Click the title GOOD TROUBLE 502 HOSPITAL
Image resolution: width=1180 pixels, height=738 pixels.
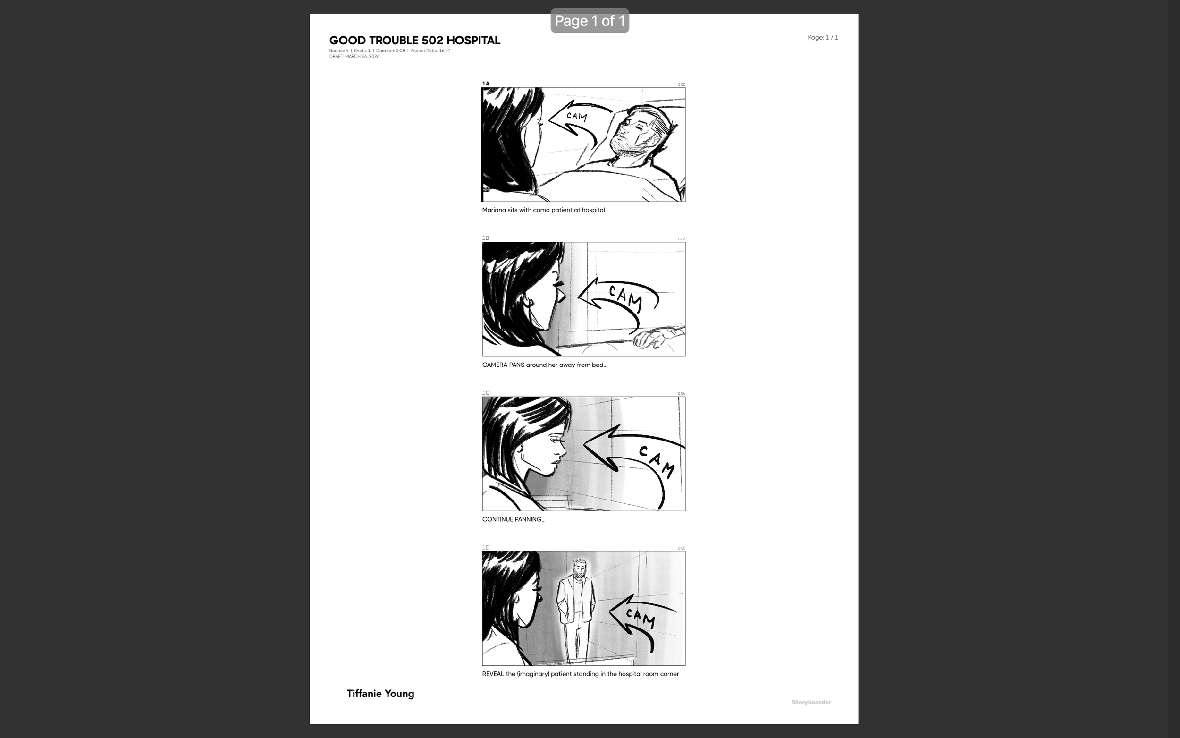pyautogui.click(x=414, y=41)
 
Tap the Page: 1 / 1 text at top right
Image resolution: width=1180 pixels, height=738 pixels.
pyautogui.click(x=822, y=38)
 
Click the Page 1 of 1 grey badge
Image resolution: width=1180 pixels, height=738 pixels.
pyautogui.click(x=589, y=21)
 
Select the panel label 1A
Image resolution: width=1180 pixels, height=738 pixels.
pyautogui.click(x=485, y=84)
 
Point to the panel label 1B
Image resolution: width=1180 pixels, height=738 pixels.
pyautogui.click(x=485, y=238)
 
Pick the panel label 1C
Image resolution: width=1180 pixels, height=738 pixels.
pyautogui.click(x=486, y=393)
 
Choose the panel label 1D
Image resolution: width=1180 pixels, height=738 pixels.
pyautogui.click(x=486, y=548)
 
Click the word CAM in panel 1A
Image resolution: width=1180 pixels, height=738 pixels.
pyautogui.click(x=577, y=116)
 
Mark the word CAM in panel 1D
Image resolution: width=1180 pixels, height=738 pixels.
pyautogui.click(x=641, y=619)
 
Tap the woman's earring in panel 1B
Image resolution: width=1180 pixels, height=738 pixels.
pyautogui.click(x=530, y=303)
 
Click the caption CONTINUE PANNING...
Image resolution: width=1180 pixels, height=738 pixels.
pyautogui.click(x=513, y=519)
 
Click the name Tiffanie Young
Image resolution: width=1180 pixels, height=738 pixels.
pyautogui.click(x=380, y=694)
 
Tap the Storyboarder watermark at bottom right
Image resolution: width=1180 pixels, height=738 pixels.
pyautogui.click(x=811, y=703)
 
